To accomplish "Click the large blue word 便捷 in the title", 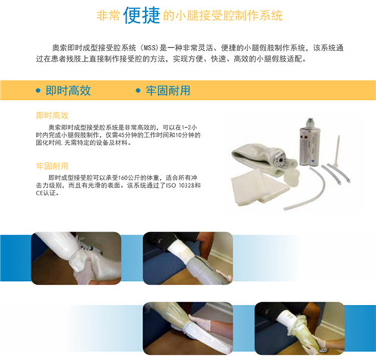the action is (141, 15).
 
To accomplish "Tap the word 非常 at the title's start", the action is (108, 16).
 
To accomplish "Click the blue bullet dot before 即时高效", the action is (38, 90).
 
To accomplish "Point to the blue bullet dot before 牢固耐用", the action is (138, 90).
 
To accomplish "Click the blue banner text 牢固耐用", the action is (168, 90).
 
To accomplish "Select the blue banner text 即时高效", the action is (68, 90).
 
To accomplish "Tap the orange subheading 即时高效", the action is (52, 116).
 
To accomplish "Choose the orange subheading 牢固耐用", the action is (52, 166).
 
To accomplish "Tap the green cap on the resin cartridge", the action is (311, 123).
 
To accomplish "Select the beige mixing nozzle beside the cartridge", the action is (337, 152).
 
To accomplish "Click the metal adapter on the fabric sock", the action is (280, 159).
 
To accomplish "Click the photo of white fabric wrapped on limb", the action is (76, 259).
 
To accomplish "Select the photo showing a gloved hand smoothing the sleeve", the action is (188, 328).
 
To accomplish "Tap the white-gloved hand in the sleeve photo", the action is (202, 322).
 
